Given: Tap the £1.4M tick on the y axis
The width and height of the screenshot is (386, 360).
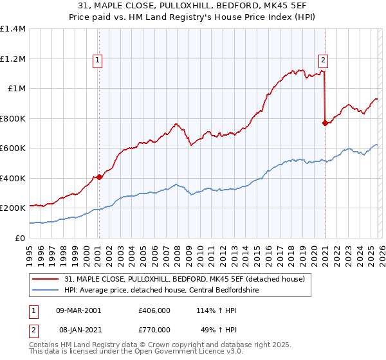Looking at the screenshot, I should tap(13, 29).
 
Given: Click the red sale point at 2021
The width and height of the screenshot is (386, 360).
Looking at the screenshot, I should tap(325, 123).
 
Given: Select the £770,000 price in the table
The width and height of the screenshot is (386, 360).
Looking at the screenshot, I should tap(154, 329).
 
